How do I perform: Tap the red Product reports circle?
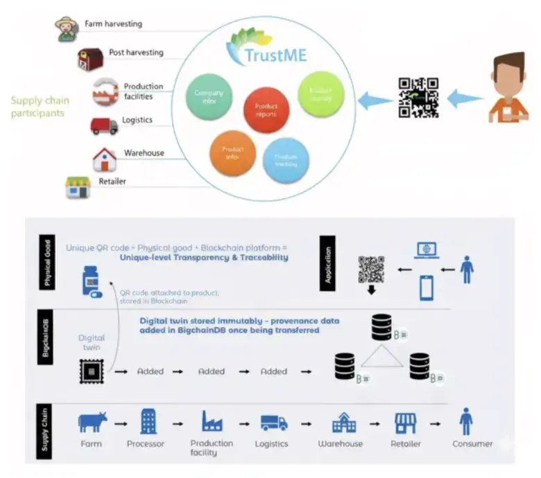[266, 109]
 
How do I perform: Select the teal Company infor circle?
[208, 96]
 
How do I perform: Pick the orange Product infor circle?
[232, 152]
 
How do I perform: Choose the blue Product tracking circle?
[286, 160]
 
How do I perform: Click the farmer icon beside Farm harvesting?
[66, 28]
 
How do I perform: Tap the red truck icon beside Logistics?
[104, 125]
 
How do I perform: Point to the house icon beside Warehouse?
[104, 159]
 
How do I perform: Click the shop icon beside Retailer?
[78, 187]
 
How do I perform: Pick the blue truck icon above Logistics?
[274, 422]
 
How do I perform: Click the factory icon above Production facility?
[212, 421]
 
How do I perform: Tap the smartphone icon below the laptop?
[426, 286]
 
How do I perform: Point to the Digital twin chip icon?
[90, 371]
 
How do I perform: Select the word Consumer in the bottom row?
[473, 444]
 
